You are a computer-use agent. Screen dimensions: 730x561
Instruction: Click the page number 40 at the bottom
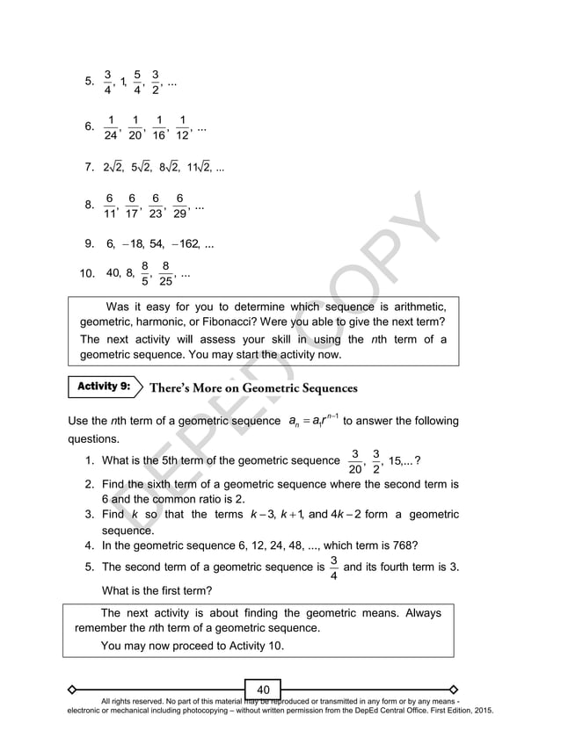pyautogui.click(x=263, y=688)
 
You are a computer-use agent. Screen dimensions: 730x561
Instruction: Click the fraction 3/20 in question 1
pyautogui.click(x=354, y=460)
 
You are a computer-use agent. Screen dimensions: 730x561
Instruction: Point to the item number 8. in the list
pyautogui.click(x=90, y=206)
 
